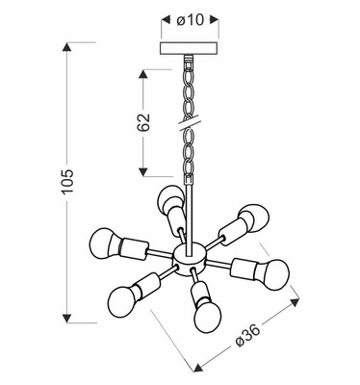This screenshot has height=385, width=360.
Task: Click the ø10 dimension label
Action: click(x=188, y=20)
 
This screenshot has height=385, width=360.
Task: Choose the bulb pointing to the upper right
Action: click(x=252, y=216)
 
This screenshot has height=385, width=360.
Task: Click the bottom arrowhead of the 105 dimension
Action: click(x=67, y=319)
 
